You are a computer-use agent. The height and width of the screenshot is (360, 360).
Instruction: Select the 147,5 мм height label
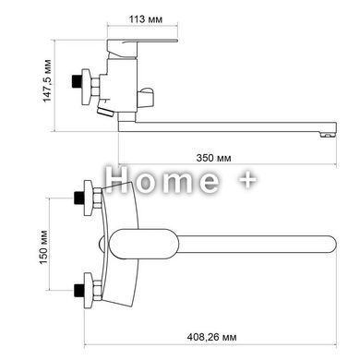click(x=47, y=80)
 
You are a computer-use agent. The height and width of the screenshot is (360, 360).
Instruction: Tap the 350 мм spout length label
click(x=213, y=158)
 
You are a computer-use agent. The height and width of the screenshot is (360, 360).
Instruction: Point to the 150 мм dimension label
click(x=43, y=246)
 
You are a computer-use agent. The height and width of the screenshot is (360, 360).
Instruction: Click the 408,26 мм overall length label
click(x=212, y=337)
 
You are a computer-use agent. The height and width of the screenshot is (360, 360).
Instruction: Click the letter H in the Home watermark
click(x=116, y=180)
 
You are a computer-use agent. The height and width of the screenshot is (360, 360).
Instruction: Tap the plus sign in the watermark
click(x=247, y=180)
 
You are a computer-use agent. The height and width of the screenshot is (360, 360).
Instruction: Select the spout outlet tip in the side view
click(x=328, y=134)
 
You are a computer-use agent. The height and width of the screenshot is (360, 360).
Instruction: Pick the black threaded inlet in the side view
click(x=75, y=81)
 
